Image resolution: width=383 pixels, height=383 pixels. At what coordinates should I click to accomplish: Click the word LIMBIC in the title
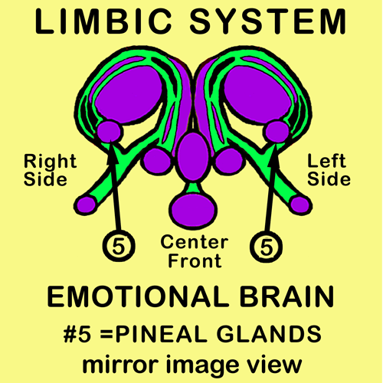click(103, 21)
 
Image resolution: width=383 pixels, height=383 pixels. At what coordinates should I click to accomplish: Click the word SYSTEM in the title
click(268, 21)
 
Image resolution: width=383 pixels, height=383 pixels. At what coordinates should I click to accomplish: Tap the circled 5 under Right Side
click(119, 247)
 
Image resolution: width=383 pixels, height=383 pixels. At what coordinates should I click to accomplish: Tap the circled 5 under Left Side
click(266, 247)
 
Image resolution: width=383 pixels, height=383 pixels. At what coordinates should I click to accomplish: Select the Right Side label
click(50, 170)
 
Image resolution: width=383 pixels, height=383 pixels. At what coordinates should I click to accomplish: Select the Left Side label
click(329, 170)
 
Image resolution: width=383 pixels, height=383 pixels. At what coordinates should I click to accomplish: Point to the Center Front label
click(195, 251)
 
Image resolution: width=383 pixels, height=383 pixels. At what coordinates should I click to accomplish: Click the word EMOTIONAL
click(138, 296)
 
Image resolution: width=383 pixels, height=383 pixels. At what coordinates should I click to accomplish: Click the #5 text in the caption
click(77, 335)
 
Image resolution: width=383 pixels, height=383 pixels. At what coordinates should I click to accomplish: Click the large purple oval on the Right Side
click(129, 94)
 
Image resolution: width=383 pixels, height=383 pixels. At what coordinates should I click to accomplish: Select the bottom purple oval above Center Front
click(193, 210)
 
